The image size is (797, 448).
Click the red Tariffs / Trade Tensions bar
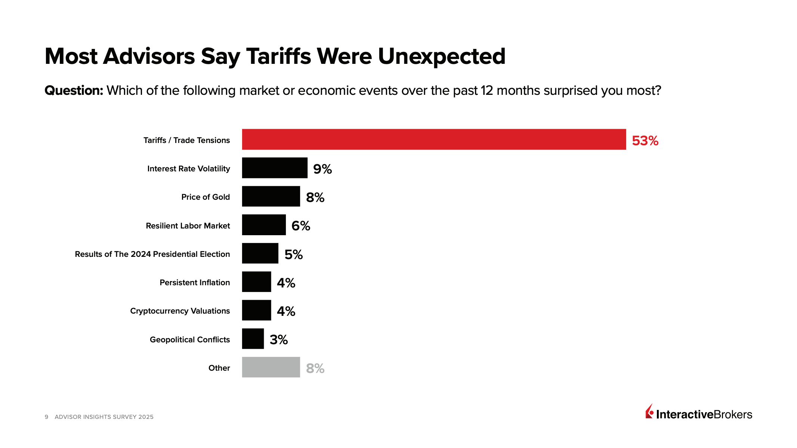pyautogui.click(x=434, y=139)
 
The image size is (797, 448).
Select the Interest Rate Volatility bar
pyautogui.click(x=275, y=168)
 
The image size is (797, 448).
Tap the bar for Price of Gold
pyautogui.click(x=271, y=196)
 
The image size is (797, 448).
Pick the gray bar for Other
pyautogui.click(x=271, y=367)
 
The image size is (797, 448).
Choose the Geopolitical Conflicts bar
pyautogui.click(x=253, y=339)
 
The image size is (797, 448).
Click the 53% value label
pyautogui.click(x=645, y=141)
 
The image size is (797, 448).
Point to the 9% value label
pyautogui.click(x=322, y=169)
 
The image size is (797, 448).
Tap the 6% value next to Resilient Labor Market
pyautogui.click(x=301, y=226)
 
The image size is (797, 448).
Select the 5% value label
pyautogui.click(x=293, y=255)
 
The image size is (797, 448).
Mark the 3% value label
pyautogui.click(x=279, y=340)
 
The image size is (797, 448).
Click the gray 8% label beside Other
pyautogui.click(x=315, y=368)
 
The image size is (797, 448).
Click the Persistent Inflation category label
pyautogui.click(x=195, y=283)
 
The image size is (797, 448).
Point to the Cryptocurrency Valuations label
pyautogui.click(x=180, y=311)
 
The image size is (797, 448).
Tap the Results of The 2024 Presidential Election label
pyautogui.click(x=152, y=254)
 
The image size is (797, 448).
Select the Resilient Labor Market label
pyautogui.click(x=188, y=226)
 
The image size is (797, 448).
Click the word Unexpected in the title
pyautogui.click(x=442, y=57)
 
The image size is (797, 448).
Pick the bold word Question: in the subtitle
pyautogui.click(x=74, y=91)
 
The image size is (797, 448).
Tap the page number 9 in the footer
pyautogui.click(x=46, y=417)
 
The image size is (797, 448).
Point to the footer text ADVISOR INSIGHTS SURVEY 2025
pyautogui.click(x=104, y=417)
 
